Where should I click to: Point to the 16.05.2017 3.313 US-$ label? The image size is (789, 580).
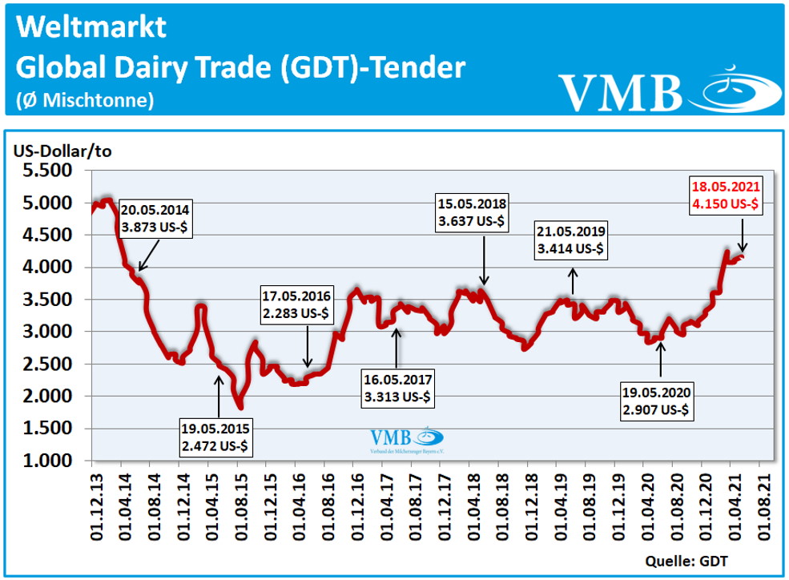[397, 386]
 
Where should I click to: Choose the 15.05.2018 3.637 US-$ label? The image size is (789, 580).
[472, 212]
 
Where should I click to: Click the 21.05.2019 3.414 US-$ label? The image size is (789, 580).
[572, 240]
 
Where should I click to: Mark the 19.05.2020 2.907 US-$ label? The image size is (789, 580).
[657, 403]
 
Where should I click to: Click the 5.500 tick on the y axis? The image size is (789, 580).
[49, 171]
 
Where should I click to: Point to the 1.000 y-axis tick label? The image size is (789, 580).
[49, 461]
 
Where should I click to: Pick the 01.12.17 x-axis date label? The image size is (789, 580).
[439, 501]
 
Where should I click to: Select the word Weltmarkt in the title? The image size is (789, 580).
[91, 27]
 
